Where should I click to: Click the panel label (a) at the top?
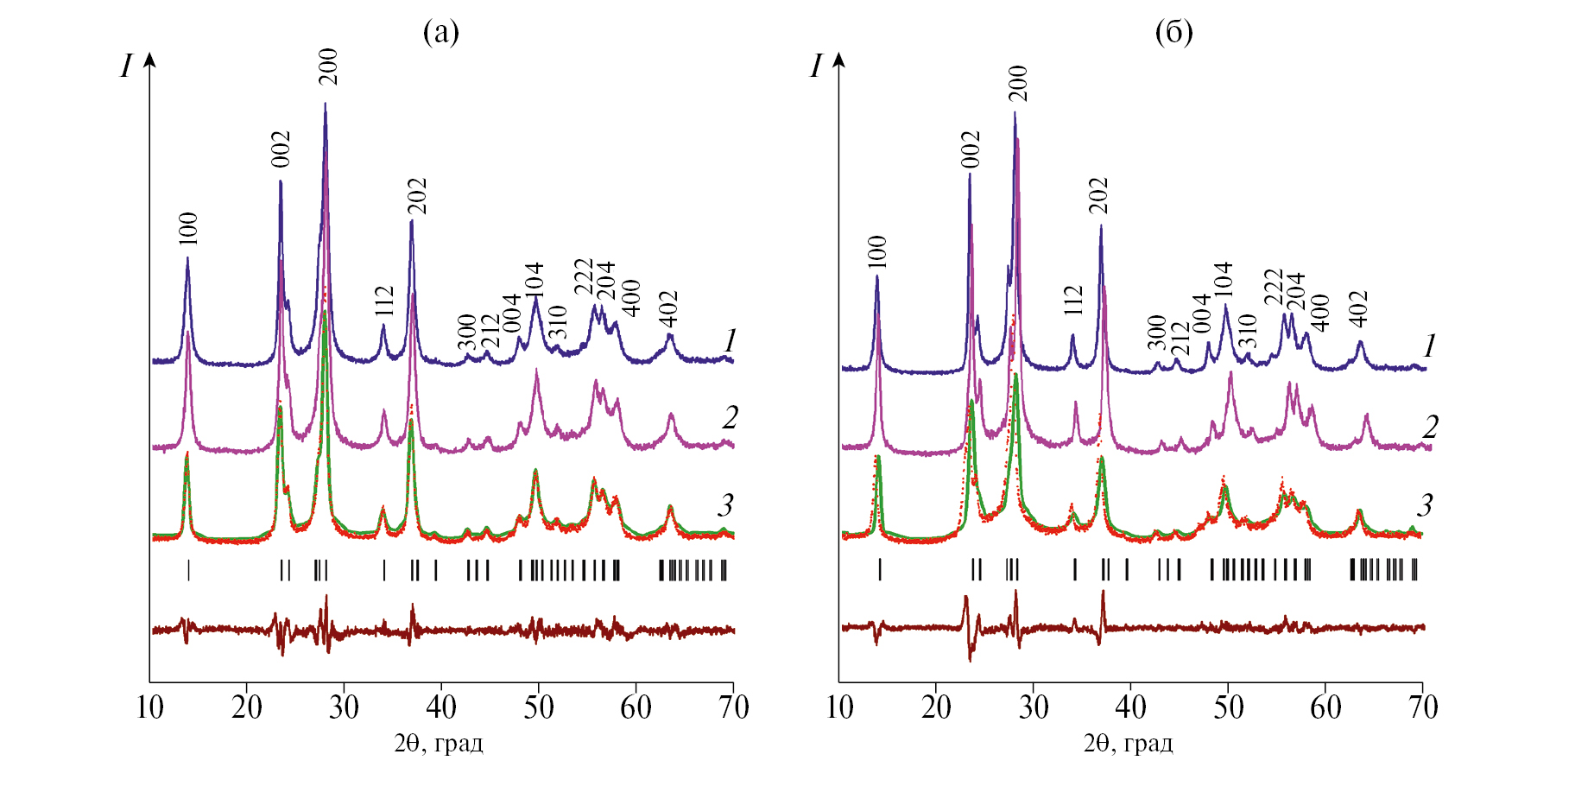pyautogui.click(x=440, y=33)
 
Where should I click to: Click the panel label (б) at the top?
pyautogui.click(x=1173, y=33)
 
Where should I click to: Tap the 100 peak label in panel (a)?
pyautogui.click(x=188, y=229)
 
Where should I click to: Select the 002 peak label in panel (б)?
pyautogui.click(x=971, y=149)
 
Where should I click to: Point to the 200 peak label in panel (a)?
pyautogui.click(x=328, y=67)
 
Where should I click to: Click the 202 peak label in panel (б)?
pyautogui.click(x=1098, y=195)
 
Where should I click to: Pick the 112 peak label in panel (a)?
pyautogui.click(x=384, y=301)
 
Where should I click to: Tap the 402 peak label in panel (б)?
pyautogui.click(x=1359, y=308)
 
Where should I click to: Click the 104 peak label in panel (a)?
pyautogui.click(x=534, y=280)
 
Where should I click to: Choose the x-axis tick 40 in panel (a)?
pyautogui.click(x=441, y=708)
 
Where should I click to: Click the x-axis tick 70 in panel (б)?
pyautogui.click(x=1423, y=708)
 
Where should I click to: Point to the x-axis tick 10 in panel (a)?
pyautogui.click(x=149, y=708)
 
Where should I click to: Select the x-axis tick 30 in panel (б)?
pyautogui.click(x=1034, y=708)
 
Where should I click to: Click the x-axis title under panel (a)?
pyautogui.click(x=439, y=744)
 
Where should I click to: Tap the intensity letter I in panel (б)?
pyautogui.click(x=816, y=67)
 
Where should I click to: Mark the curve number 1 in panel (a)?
pyautogui.click(x=731, y=341)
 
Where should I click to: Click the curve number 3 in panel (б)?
pyautogui.click(x=1425, y=505)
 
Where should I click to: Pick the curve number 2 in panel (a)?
pyautogui.click(x=731, y=418)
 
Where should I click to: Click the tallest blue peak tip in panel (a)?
pyautogui.click(x=325, y=104)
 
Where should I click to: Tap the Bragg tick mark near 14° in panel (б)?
pyautogui.click(x=880, y=569)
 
